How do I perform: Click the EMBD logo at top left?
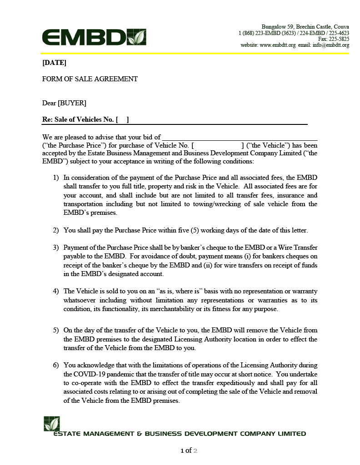(94, 37)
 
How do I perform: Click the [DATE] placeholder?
(54, 63)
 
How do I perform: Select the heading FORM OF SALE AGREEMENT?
(90, 79)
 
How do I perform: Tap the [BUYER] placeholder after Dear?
(72, 103)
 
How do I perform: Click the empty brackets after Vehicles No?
(122, 120)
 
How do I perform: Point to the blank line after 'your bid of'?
(240, 137)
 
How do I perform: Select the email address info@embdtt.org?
(330, 45)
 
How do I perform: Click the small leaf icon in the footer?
(51, 423)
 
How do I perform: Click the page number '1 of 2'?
(189, 450)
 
